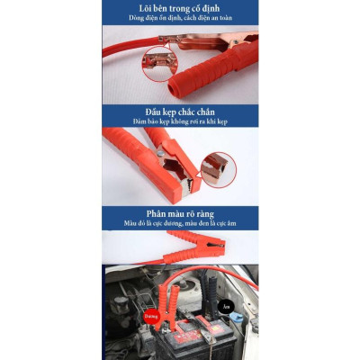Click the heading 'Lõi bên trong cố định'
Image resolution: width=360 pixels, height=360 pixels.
(180, 7)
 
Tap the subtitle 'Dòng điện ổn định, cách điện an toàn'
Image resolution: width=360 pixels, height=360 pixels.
(180, 18)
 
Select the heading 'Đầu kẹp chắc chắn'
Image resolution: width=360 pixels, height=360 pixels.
(180, 112)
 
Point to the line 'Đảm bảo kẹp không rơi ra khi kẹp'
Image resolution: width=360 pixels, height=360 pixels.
(180, 122)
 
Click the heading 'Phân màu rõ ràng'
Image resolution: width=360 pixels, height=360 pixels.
(180, 212)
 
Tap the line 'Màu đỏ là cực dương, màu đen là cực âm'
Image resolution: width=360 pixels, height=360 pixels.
(180, 223)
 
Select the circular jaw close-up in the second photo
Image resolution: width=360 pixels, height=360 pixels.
(217, 168)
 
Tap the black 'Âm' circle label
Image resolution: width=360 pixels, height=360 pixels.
(226, 305)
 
